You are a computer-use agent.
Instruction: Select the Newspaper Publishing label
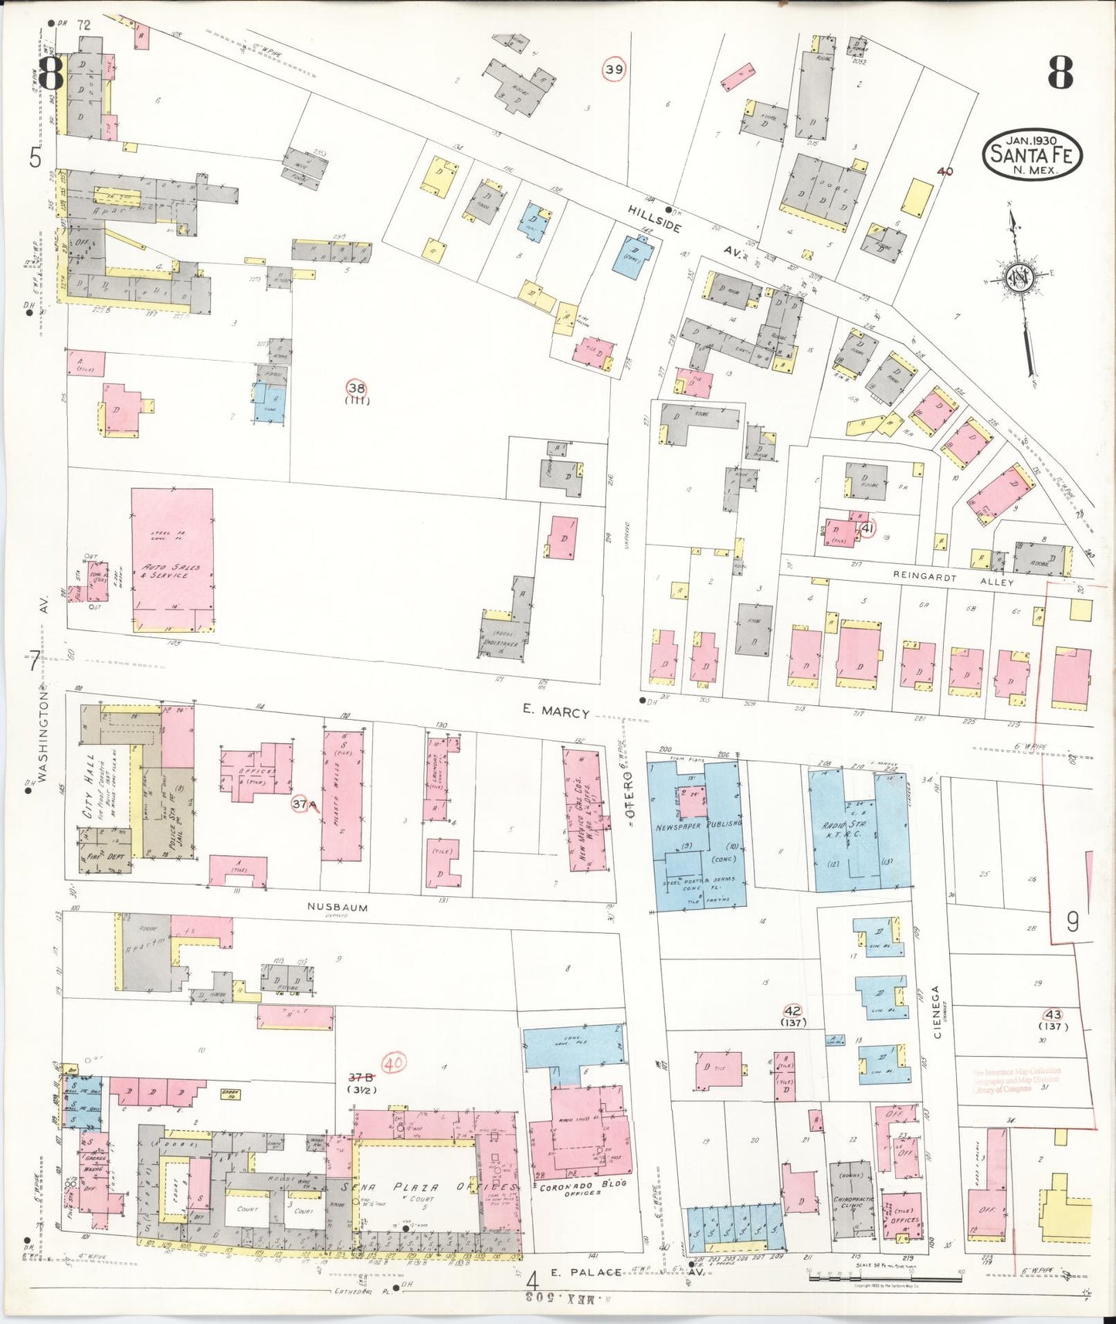point(698,823)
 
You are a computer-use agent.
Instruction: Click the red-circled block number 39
point(614,70)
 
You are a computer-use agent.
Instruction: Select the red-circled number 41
point(867,528)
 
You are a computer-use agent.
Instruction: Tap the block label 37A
point(304,805)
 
